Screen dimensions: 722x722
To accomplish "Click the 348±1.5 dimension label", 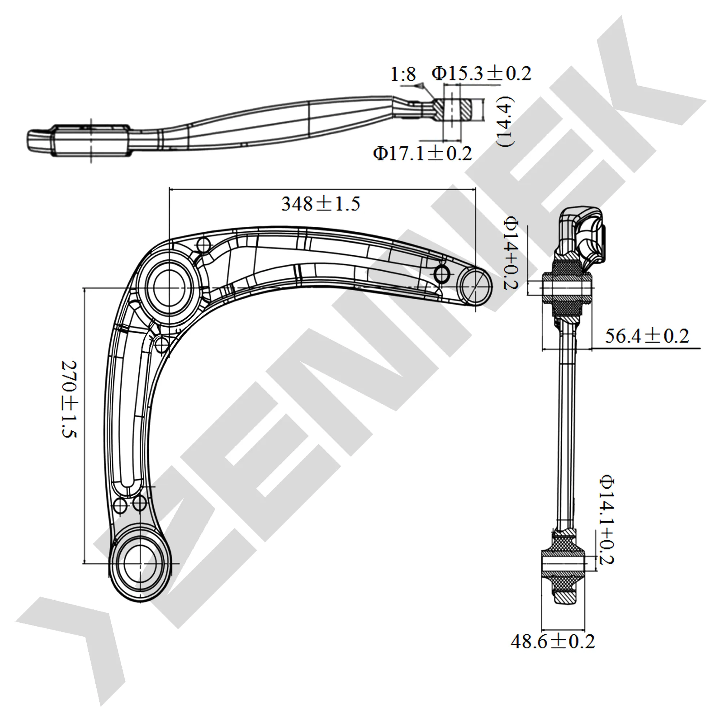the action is click(321, 204).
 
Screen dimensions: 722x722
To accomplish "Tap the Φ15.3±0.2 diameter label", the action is click(481, 74).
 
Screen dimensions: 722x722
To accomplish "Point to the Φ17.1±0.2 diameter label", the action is click(423, 153).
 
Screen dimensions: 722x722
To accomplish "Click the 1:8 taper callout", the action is click(403, 74).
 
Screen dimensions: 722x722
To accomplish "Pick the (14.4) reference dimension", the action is click(506, 121).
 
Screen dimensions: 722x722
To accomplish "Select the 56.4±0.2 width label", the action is click(647, 336).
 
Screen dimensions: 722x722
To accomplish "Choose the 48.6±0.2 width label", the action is click(553, 641).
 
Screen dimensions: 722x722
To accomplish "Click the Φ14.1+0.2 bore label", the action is click(606, 520).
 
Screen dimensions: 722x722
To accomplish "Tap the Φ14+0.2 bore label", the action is click(510, 255).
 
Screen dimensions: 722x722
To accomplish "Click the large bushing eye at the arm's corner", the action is click(169, 287).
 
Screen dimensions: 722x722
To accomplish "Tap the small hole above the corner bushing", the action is click(204, 245).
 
